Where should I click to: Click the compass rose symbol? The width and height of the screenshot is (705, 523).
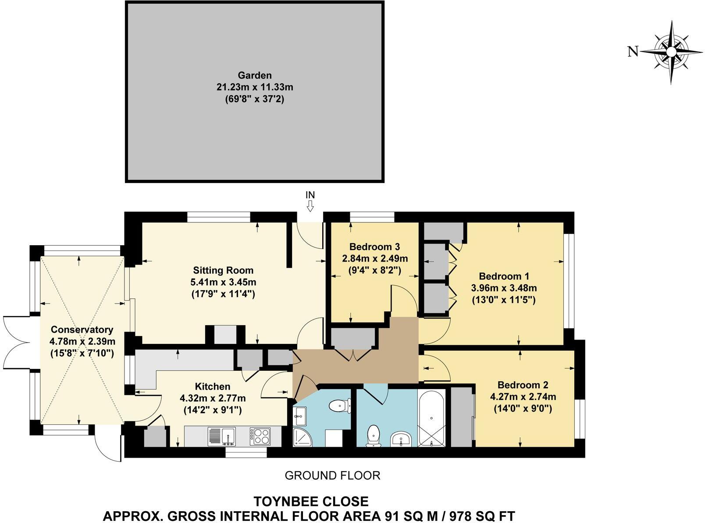tap(671, 52)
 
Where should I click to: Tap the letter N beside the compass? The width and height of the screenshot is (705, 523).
tap(632, 52)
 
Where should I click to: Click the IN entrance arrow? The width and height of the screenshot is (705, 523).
tap(310, 205)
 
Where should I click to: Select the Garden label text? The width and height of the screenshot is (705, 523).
tap(255, 75)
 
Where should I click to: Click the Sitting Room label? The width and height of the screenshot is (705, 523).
tap(223, 270)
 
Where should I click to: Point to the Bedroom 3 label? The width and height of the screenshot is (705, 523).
tap(374, 247)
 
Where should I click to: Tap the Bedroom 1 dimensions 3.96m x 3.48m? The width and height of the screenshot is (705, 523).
tap(504, 288)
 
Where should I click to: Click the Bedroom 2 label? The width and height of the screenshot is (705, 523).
tap(523, 385)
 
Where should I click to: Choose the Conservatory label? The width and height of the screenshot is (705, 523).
tap(82, 330)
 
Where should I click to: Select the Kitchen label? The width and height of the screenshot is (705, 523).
tap(213, 387)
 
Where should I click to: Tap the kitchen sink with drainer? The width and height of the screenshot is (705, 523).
tap(222, 437)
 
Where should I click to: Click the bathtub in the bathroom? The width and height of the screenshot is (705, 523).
tap(432, 418)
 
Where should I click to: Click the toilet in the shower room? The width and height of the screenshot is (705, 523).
tap(341, 406)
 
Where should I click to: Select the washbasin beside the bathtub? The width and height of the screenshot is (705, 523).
tap(401, 438)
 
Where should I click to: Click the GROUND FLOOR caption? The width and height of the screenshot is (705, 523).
tap(332, 475)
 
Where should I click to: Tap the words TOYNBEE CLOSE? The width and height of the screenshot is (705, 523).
tap(311, 501)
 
